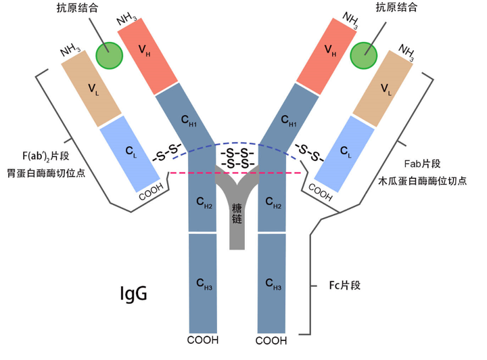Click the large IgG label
click(133, 294)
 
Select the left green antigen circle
click(108, 55)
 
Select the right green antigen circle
click(364, 55)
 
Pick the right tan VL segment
click(383, 89)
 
